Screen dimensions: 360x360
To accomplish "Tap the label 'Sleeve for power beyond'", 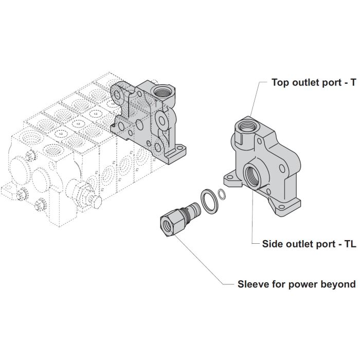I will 296,284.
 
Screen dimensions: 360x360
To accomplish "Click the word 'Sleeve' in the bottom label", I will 252,284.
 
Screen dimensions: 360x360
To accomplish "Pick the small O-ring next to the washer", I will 222,194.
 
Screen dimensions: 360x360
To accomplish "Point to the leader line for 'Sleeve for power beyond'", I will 206,262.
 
